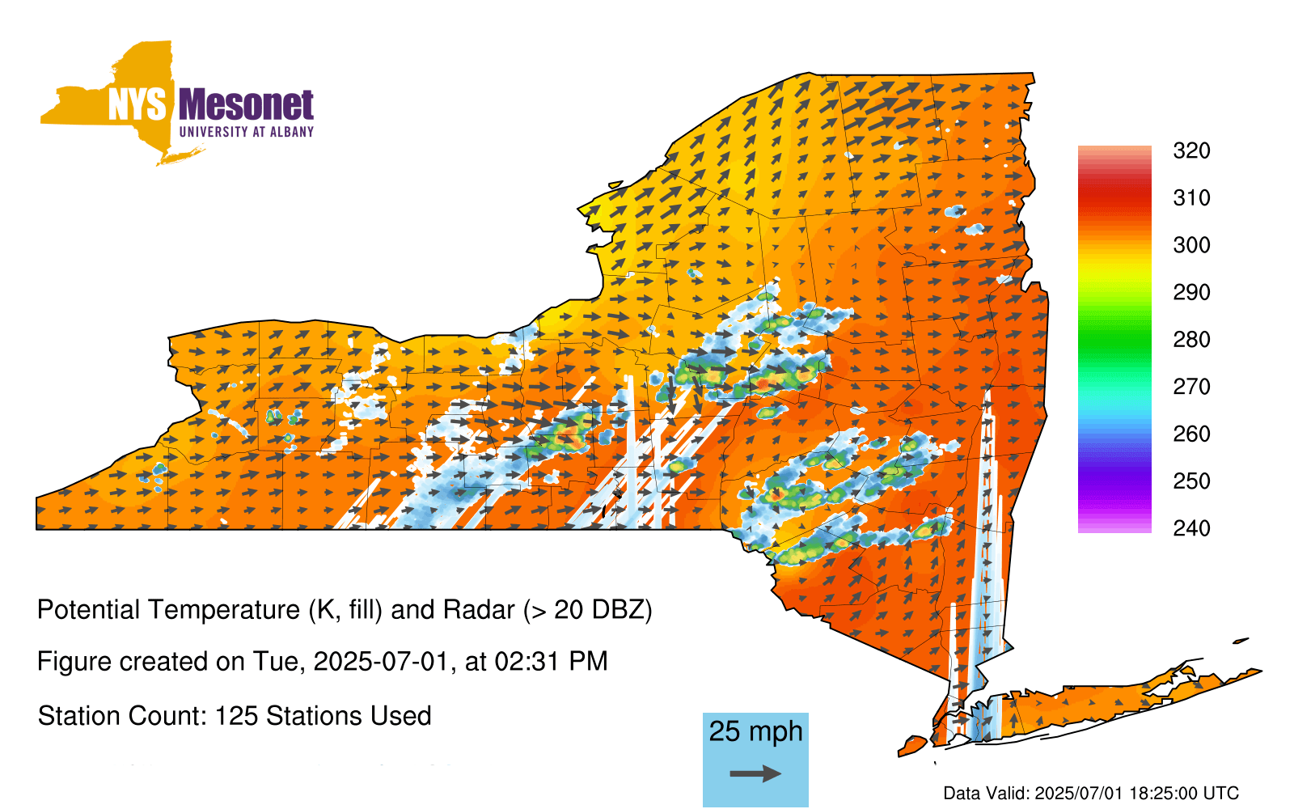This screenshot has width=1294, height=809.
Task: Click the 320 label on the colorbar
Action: tap(1191, 150)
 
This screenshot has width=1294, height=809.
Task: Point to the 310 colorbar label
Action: tap(1191, 198)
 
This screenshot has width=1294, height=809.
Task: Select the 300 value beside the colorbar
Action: tap(1191, 245)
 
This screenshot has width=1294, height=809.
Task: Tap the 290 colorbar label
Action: tap(1191, 292)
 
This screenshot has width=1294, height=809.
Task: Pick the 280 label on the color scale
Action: tap(1191, 339)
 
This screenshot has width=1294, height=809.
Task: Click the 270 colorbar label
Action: tap(1191, 387)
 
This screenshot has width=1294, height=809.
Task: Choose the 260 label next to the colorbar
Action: tap(1191, 434)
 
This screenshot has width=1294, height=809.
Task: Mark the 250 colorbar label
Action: tap(1191, 481)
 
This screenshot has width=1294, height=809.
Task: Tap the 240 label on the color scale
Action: tap(1191, 528)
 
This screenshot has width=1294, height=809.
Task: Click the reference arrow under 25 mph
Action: tap(755, 773)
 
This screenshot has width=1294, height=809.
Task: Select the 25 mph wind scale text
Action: tap(755, 732)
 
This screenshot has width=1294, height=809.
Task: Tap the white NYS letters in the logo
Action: tap(137, 104)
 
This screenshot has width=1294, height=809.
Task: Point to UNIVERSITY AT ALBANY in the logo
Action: tap(247, 132)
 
